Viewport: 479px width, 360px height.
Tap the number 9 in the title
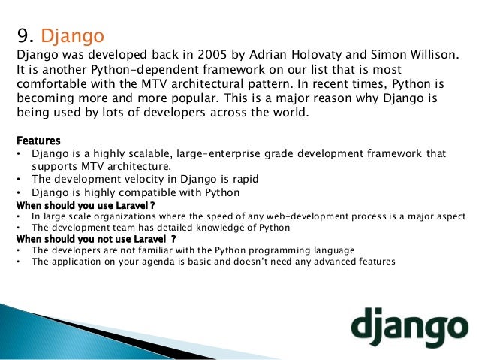pyautogui.click(x=23, y=35)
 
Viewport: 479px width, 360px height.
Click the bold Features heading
pyautogui.click(x=38, y=141)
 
